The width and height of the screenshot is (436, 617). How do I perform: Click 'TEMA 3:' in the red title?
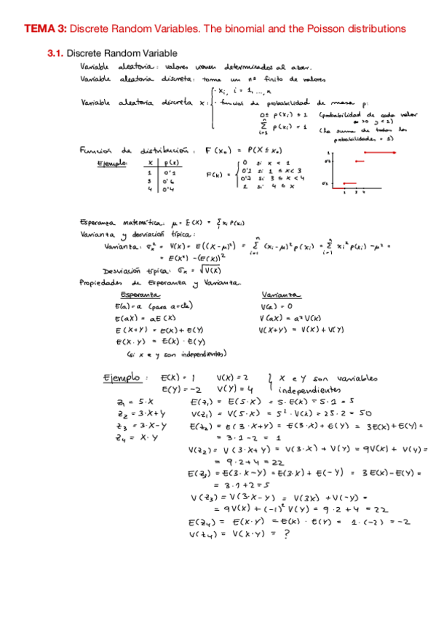coord(45,28)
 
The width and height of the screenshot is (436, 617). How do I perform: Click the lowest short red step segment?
coord(350,184)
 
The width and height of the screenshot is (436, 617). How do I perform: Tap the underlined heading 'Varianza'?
coord(279,295)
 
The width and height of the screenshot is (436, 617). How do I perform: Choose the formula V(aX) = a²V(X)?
coord(286,318)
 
